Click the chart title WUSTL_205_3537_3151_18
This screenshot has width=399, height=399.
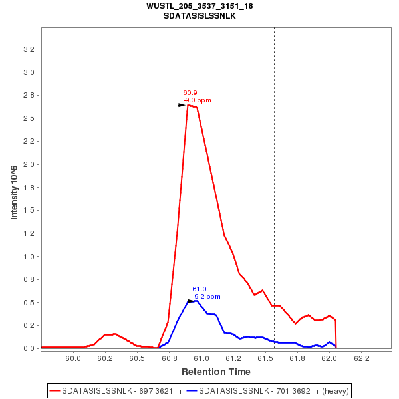[199, 6]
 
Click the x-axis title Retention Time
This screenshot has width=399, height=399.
[216, 372]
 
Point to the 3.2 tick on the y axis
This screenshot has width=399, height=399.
[29, 49]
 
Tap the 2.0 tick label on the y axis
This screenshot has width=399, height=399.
[29, 164]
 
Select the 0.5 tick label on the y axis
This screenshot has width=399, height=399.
[29, 303]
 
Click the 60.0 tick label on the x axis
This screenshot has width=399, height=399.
[73, 358]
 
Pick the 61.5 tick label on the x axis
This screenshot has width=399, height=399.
[265, 358]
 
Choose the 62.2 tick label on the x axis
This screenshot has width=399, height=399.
[362, 358]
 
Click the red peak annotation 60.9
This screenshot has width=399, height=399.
[190, 93]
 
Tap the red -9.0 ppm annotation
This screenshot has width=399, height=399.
[198, 100]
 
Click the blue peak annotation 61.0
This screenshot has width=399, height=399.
[199, 289]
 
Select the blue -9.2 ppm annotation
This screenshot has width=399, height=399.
[207, 297]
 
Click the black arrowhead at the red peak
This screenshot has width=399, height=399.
[182, 105]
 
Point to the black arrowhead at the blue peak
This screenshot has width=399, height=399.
[192, 301]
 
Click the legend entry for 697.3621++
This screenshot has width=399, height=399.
[117, 390]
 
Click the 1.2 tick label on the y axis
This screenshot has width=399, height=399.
[29, 233]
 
